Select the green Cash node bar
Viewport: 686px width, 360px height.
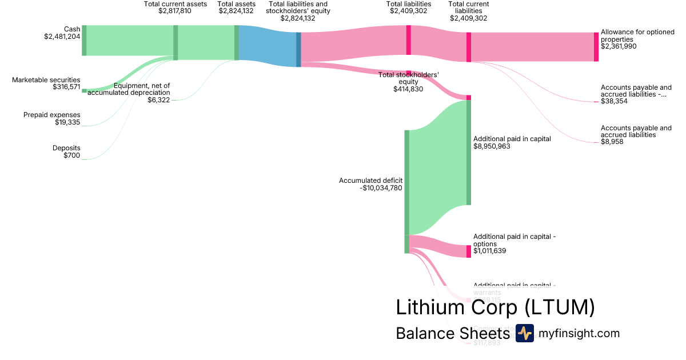pos(84,41)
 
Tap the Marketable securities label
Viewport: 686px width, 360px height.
pos(46,80)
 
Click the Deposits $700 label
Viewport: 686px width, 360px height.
pos(66,151)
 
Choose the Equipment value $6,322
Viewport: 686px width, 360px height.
pos(158,100)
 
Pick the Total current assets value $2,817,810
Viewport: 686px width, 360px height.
pos(175,11)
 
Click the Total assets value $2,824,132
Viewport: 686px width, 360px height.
pos(237,11)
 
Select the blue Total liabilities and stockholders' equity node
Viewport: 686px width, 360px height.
pos(298,50)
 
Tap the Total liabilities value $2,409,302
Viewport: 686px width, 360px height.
pos(408,11)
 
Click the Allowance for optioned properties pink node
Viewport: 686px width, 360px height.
pos(596,47)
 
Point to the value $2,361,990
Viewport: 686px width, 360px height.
pos(619,46)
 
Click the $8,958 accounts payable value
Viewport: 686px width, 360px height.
pos(612,142)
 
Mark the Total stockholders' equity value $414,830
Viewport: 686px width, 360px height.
pos(408,89)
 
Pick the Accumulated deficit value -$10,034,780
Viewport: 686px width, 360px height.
pos(374,187)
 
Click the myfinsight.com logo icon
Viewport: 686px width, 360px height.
pos(524,333)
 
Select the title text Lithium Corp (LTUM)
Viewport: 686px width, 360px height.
pos(495,307)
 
